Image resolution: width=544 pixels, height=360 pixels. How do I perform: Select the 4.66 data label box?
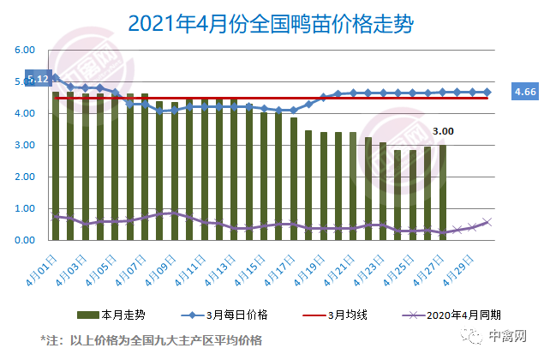[x=523, y=92]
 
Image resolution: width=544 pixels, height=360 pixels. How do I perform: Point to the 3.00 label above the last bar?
[x=442, y=131]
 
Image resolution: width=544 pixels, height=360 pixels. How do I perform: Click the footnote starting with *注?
[x=150, y=339]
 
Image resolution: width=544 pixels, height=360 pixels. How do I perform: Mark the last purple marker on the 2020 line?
[x=487, y=222]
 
